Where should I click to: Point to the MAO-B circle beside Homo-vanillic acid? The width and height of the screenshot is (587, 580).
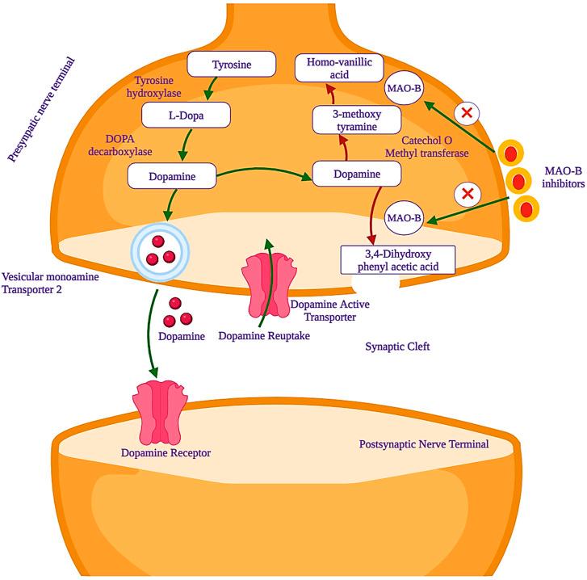[404, 90]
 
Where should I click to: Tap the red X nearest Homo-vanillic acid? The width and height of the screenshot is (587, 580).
[466, 114]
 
